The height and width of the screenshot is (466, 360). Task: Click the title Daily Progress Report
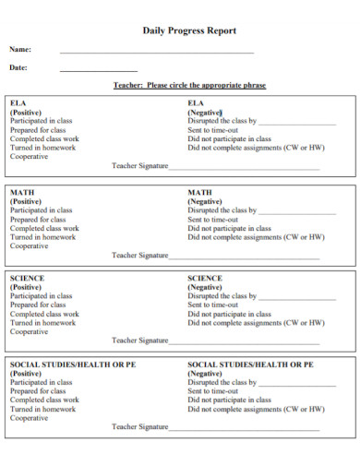[x=189, y=30]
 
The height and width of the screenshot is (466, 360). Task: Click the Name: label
[x=20, y=49]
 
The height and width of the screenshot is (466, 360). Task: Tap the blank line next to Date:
[x=99, y=69]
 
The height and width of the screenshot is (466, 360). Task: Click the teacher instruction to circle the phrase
[x=189, y=85]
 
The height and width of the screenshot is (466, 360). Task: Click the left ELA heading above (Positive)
[x=18, y=102]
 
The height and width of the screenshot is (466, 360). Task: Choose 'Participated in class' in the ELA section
[x=42, y=121]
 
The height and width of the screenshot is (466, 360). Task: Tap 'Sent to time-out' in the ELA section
[x=213, y=130]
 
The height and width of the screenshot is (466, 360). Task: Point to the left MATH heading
[x=23, y=193]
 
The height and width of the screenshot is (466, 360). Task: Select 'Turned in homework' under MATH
[x=43, y=237]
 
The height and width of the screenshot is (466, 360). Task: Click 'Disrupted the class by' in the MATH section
[x=222, y=210]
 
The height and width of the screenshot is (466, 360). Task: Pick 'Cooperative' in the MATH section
[x=30, y=246]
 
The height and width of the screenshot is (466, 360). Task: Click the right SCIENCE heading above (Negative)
[x=205, y=278]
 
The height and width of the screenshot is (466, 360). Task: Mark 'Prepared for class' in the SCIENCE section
[x=39, y=305]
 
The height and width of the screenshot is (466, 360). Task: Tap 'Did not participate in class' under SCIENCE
[x=230, y=314]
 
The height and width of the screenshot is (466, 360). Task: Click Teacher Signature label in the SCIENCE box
[x=140, y=341]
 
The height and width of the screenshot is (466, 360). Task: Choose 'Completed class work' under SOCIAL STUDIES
[x=44, y=400]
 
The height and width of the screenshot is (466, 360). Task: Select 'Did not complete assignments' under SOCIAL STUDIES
[x=256, y=409]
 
